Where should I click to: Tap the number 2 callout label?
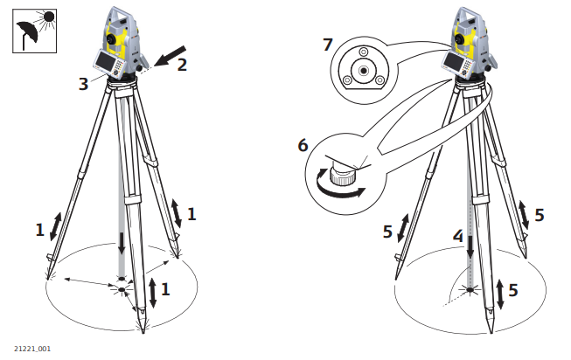(183, 65)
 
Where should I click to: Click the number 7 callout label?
(327, 44)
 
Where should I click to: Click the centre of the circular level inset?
(360, 66)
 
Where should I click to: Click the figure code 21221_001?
(31, 349)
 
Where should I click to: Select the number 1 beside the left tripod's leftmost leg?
(39, 230)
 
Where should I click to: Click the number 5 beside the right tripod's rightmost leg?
(540, 215)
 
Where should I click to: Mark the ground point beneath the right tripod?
(470, 288)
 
